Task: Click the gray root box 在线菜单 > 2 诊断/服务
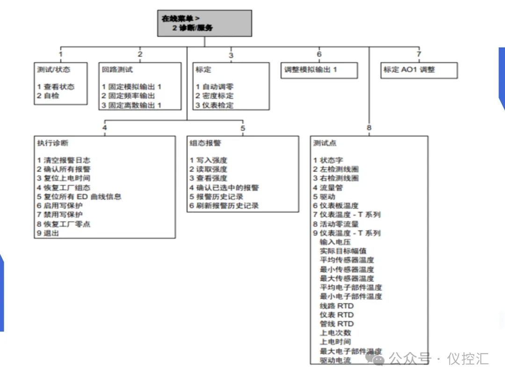(x=205, y=23)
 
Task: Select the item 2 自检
(x=49, y=96)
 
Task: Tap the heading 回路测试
(x=117, y=69)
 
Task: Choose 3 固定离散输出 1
(x=131, y=105)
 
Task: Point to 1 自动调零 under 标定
(x=215, y=87)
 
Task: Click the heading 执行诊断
(x=53, y=143)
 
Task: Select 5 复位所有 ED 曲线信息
(x=79, y=197)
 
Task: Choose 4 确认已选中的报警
(x=224, y=188)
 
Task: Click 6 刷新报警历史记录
(x=224, y=205)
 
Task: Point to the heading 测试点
(x=325, y=143)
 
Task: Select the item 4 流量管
(x=328, y=188)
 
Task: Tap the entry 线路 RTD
(x=337, y=306)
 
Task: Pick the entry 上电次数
(x=335, y=333)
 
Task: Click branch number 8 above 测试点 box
(x=369, y=128)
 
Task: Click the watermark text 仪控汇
(x=468, y=359)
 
